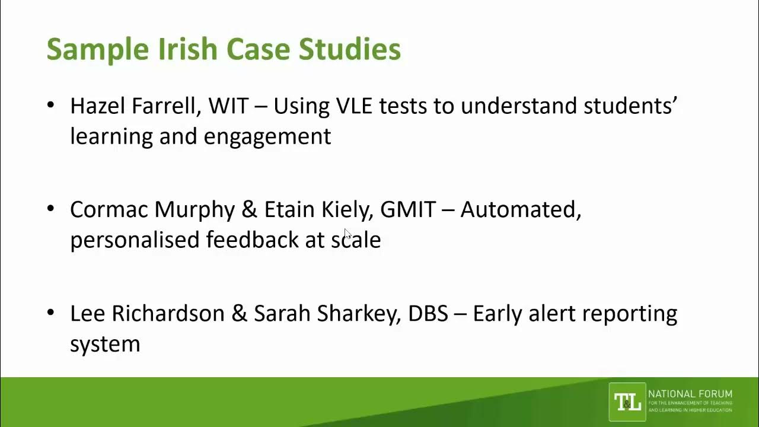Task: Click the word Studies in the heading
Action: pyautogui.click(x=349, y=49)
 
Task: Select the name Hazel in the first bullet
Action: pyautogui.click(x=98, y=106)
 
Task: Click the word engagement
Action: pyautogui.click(x=267, y=137)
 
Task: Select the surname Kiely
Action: pyautogui.click(x=346, y=209)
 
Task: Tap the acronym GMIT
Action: pyautogui.click(x=408, y=209)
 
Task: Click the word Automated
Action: pyautogui.click(x=519, y=209)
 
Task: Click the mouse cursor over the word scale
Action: pyautogui.click(x=348, y=235)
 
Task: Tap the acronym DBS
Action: pyautogui.click(x=428, y=313)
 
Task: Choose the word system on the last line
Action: pyautogui.click(x=105, y=344)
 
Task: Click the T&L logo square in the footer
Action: pyautogui.click(x=627, y=402)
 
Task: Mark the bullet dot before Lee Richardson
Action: pyautogui.click(x=50, y=313)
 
